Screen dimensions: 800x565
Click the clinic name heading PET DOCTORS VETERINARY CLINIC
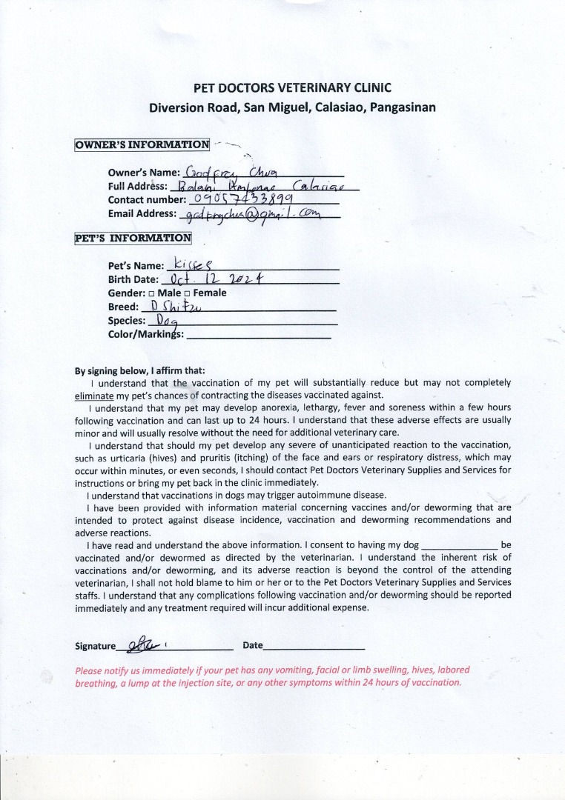[x=292, y=87]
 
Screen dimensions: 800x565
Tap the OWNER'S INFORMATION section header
[x=142, y=144]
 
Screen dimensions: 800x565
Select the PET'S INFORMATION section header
[x=133, y=239]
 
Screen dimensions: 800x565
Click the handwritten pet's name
[x=192, y=264]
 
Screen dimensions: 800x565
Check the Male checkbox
[x=151, y=293]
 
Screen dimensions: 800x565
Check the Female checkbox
[x=188, y=293]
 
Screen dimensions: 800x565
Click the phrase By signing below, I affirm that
[x=140, y=370]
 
